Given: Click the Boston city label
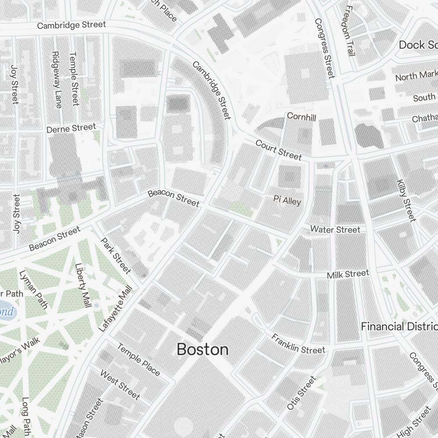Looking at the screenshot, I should coord(202,350).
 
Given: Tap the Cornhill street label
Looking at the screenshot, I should coord(301,117).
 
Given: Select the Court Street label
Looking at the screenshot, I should coord(279,150).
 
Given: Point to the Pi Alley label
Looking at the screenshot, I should coord(287,200).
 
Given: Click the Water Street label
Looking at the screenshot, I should coord(335,230).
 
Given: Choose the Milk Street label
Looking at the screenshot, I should coord(348,274).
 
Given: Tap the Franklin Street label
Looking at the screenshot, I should coord(298,343).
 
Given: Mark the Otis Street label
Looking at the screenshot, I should coord(301,393).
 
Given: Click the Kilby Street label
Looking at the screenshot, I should coord(405,200).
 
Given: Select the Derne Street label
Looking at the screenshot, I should coord(71,128).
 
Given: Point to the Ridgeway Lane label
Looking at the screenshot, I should coord(57,80).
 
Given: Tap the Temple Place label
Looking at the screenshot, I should coord(138,359).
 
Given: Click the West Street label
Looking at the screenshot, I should coord(120,385).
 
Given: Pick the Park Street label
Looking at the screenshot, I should coord(116,255).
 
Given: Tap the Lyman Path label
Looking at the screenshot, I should coord(33,290).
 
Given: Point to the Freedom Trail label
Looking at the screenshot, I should coord(350,31).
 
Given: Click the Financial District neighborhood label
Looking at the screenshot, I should coord(399,326).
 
